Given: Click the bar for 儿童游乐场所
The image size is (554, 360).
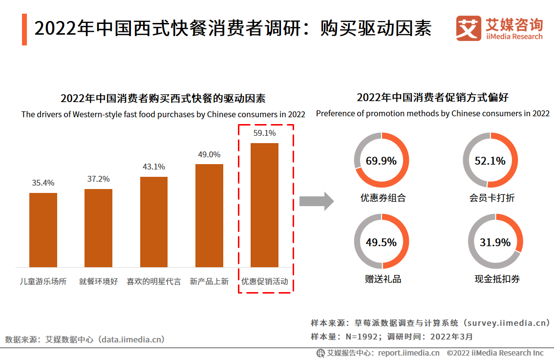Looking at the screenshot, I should [x=43, y=230].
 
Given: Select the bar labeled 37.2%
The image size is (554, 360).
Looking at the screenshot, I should [x=98, y=228].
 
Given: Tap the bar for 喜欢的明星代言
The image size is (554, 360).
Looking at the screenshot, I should [x=154, y=222].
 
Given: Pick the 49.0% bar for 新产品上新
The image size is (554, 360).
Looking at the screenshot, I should [x=209, y=215].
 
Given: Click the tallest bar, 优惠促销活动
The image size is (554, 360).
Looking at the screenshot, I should [x=264, y=205].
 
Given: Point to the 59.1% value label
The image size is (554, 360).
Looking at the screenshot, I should [x=264, y=133].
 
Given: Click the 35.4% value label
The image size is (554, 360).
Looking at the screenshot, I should [x=43, y=183].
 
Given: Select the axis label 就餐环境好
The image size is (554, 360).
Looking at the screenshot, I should [x=98, y=282].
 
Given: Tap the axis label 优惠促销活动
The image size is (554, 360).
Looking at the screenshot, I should [x=264, y=282].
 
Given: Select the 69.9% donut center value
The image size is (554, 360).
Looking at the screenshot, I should [x=381, y=161].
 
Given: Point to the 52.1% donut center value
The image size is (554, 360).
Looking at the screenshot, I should [x=490, y=161].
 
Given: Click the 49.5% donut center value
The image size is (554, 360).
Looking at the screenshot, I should [x=381, y=242].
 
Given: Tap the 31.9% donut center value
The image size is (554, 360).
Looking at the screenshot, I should [x=495, y=242].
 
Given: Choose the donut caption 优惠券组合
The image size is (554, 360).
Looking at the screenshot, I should [x=383, y=198].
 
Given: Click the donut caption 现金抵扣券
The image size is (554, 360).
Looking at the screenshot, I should [x=497, y=279].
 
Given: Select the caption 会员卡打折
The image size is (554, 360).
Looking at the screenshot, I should [x=492, y=198].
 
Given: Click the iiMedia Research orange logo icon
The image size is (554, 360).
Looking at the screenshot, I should [x=469, y=29].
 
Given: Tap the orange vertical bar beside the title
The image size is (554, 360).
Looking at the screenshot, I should [x=24, y=29].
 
